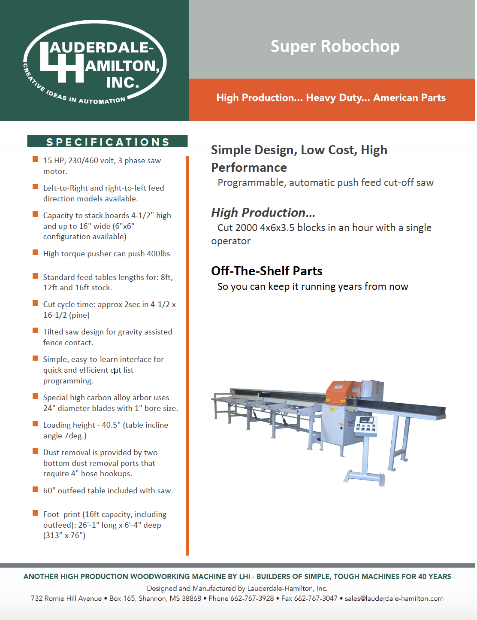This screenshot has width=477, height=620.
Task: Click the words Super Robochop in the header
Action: tap(335, 46)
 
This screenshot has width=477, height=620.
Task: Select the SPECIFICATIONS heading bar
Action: tap(107, 142)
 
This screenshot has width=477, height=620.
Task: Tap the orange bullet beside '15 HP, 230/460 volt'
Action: tap(36, 160)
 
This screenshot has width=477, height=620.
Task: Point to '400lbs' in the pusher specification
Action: tap(158, 254)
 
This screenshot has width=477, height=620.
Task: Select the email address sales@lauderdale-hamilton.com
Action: tap(394, 599)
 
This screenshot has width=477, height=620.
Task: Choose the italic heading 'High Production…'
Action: tap(263, 213)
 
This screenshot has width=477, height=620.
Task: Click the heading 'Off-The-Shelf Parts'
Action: tap(266, 271)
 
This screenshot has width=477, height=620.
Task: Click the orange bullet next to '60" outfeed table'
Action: tap(36, 490)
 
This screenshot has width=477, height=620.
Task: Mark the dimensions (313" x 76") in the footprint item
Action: tap(64, 535)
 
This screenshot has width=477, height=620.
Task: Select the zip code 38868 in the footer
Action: tap(191, 599)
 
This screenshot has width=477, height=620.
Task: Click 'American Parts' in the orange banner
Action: tap(409, 98)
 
